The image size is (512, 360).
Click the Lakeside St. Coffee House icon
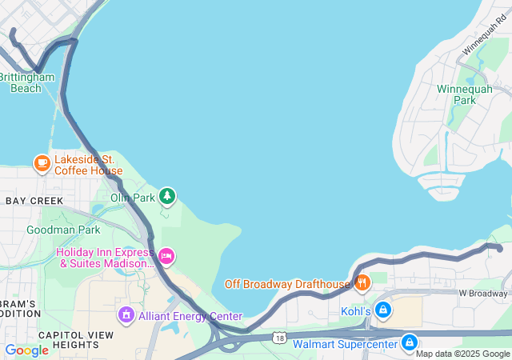click(42, 164)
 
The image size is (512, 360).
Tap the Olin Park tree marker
click(166, 196)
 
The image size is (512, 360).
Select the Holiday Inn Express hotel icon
click(166, 256)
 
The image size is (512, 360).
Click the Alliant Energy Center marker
click(125, 316)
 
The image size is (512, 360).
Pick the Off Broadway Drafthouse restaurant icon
click(362, 283)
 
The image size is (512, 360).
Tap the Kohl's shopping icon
click(383, 310)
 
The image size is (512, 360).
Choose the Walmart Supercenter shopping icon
click(409, 343)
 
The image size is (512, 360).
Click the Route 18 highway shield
click(278, 339)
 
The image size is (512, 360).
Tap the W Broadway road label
click(483, 293)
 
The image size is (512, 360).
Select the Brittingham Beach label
click(26, 82)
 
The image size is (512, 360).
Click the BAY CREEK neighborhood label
click(34, 200)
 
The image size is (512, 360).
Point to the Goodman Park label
click(63, 230)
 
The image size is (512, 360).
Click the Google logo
click(26, 350)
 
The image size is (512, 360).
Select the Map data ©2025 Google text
click(462, 354)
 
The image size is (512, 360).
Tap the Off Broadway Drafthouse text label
click(287, 284)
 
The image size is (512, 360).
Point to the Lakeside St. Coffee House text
click(88, 165)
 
